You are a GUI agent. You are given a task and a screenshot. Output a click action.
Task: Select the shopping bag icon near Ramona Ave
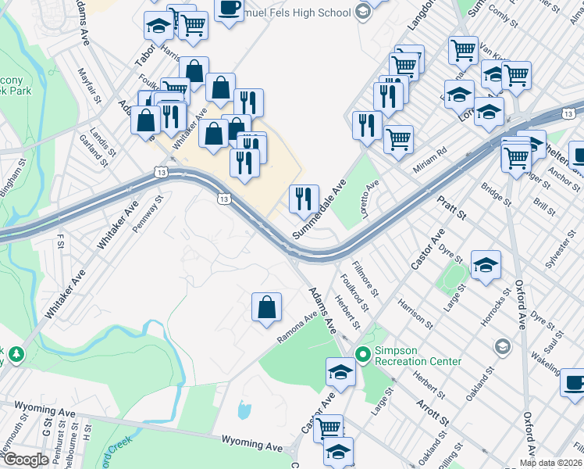click(x=267, y=306)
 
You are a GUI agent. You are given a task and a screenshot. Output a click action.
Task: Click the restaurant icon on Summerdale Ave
click(x=304, y=199)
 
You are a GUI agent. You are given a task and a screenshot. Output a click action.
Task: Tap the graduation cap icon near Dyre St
click(x=486, y=265)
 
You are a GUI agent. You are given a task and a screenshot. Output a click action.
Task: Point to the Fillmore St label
click(x=365, y=279)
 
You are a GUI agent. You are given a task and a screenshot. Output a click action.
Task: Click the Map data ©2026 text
click(x=550, y=463)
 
